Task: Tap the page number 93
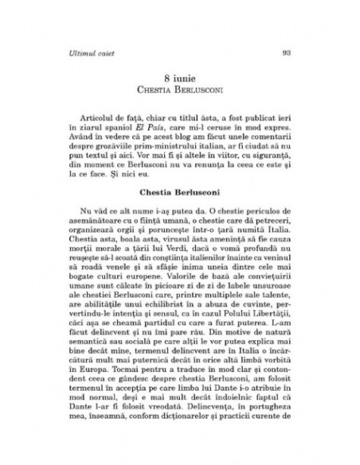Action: [288, 53]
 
